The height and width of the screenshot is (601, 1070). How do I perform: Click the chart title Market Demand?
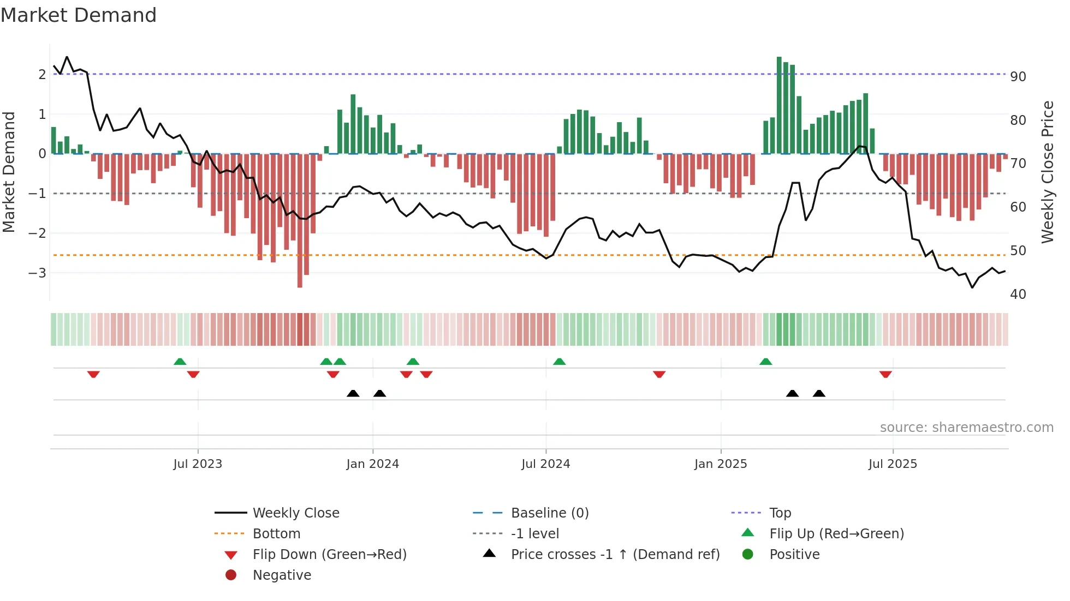[79, 15]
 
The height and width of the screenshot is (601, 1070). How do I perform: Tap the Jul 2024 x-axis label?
[545, 464]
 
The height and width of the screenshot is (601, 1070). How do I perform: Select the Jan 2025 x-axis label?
[720, 464]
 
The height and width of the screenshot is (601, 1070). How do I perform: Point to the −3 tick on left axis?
[37, 273]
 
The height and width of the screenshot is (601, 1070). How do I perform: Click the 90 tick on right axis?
[1018, 77]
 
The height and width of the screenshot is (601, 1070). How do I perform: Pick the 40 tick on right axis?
[1018, 295]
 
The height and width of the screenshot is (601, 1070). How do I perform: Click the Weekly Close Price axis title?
[1047, 172]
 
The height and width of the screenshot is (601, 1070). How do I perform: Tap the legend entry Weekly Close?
[295, 513]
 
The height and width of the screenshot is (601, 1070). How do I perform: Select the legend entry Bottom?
[276, 534]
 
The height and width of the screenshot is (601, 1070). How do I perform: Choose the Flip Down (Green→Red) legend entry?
[329, 555]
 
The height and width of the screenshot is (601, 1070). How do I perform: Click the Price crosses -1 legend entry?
[615, 555]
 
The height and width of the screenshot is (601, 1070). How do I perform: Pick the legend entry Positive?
[794, 555]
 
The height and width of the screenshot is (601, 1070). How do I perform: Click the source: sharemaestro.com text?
[966, 428]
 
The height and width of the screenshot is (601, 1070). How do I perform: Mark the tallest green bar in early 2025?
[779, 104]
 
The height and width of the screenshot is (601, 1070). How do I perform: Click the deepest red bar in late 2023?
[300, 221]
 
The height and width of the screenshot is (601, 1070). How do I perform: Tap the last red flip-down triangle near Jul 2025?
[885, 374]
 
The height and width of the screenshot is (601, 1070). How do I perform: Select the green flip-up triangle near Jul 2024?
[559, 362]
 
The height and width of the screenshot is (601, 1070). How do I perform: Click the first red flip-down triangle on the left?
[93, 374]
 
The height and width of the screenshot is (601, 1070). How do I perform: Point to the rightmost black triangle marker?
[819, 393]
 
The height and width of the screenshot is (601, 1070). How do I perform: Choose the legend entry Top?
[780, 513]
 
